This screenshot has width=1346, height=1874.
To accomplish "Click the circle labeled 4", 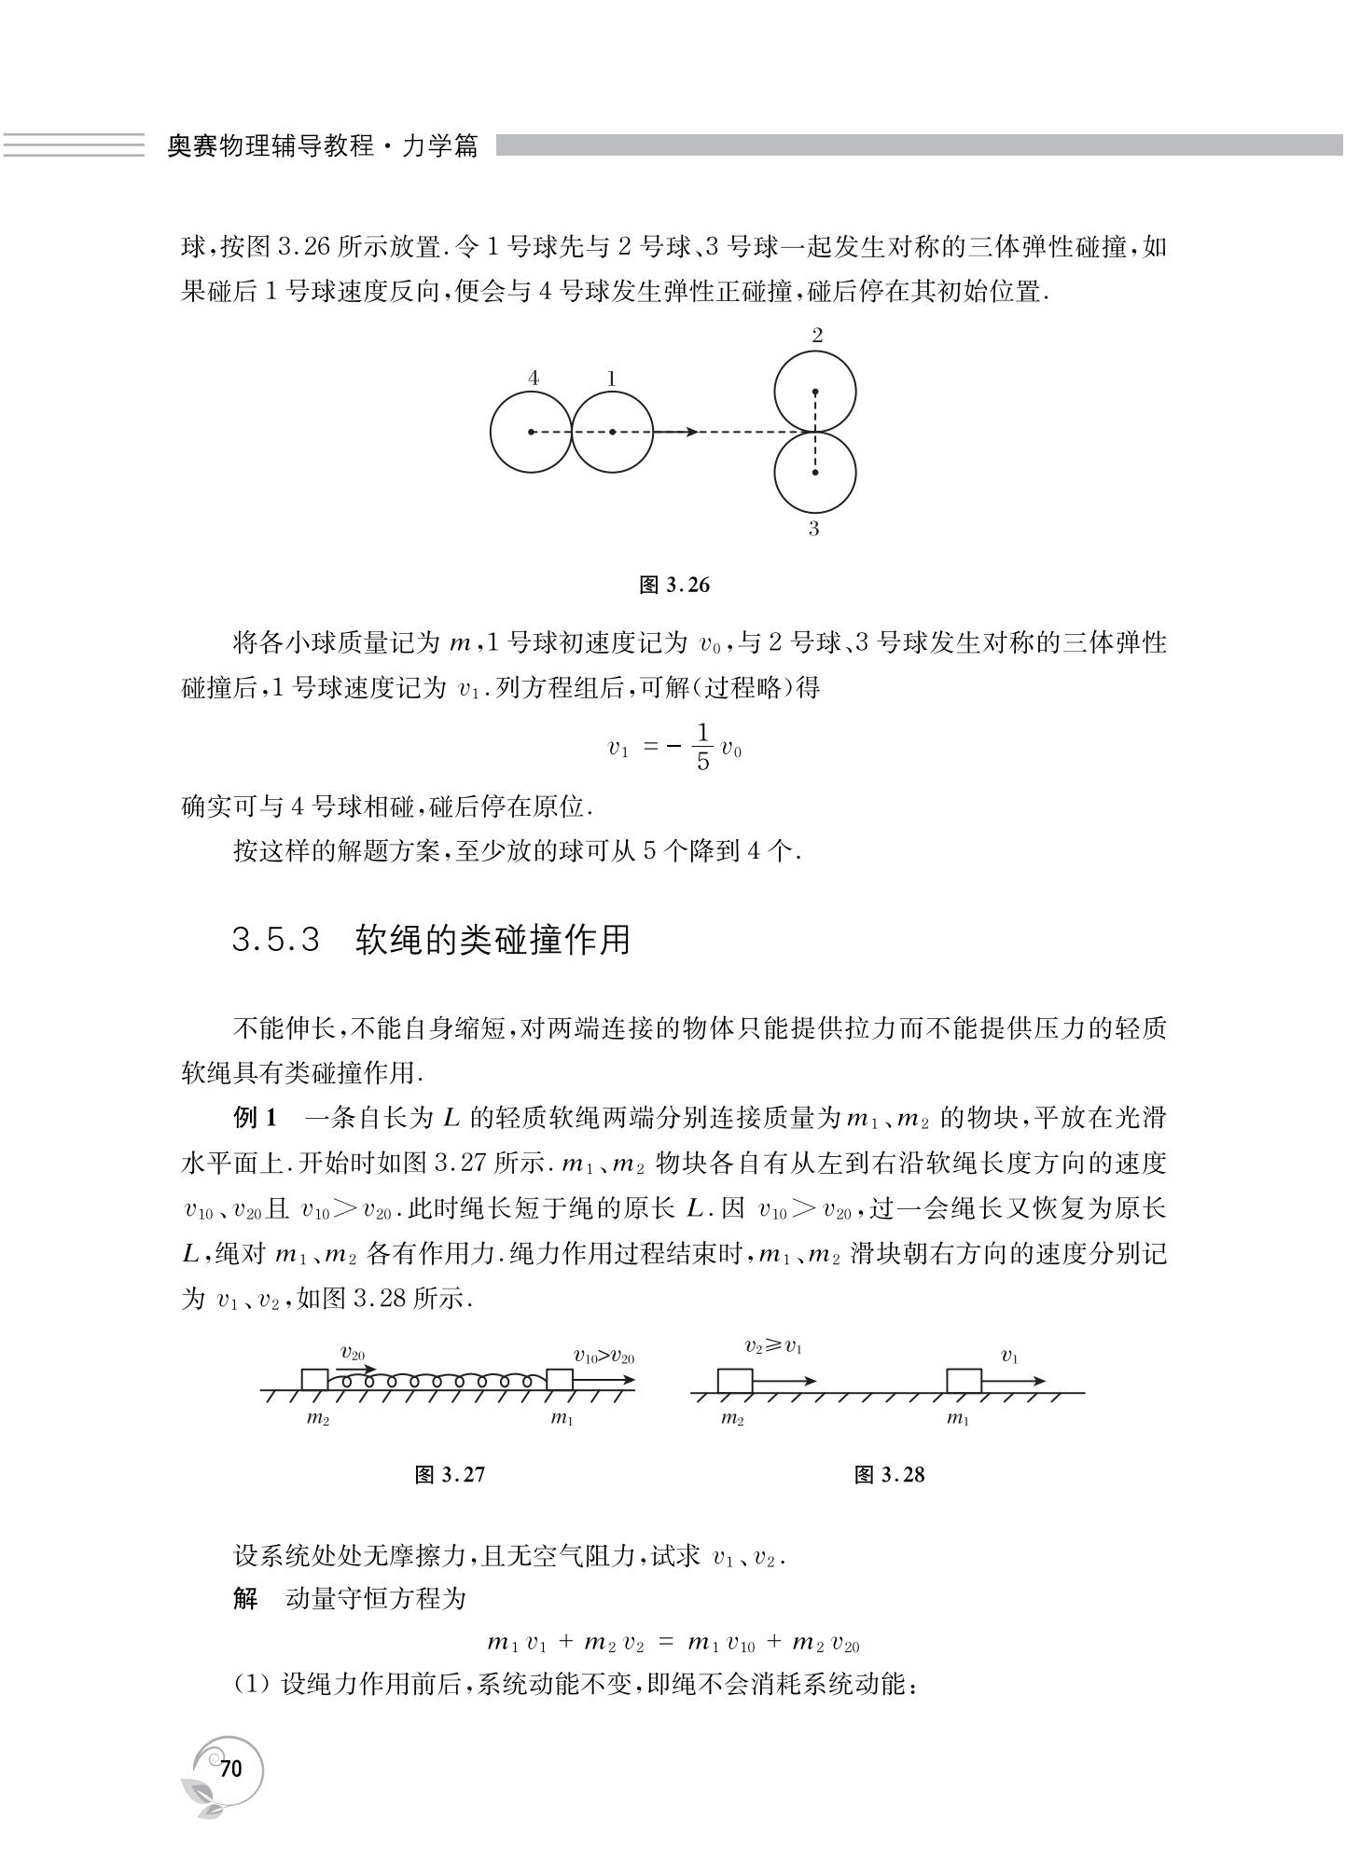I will coord(531,432).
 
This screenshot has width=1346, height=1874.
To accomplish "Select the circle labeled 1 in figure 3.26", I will coord(612,432).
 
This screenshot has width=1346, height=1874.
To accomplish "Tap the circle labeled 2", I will coord(815,392).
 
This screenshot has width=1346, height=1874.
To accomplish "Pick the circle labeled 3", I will coord(815,473).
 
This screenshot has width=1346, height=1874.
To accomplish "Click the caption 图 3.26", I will coord(674,586).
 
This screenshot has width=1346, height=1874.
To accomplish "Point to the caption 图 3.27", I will coord(450,1474).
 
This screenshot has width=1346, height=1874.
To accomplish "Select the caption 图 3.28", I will coord(889,1474).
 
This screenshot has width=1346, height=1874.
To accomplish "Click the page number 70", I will coord(230,1768).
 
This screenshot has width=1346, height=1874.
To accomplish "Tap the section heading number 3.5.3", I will coord(276,940).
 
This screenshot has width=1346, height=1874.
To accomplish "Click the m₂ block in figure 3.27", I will coord(314,1381).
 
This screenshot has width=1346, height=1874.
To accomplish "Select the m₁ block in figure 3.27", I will coord(559,1381).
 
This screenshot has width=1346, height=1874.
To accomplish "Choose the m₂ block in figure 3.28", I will coord(734,1381).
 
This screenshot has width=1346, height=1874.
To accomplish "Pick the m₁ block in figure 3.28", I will coord(964,1381).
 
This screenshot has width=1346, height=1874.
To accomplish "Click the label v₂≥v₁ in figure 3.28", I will coord(773,1347).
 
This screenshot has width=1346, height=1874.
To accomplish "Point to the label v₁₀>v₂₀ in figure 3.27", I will coord(604,1357).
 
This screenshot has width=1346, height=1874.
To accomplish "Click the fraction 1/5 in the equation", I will coord(702,747).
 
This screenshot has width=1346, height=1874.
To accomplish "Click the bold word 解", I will coord(245,1598).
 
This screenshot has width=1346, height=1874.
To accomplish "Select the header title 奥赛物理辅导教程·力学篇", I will coord(322,146).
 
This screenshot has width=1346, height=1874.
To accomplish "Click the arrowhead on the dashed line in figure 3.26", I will coord(690,432).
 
